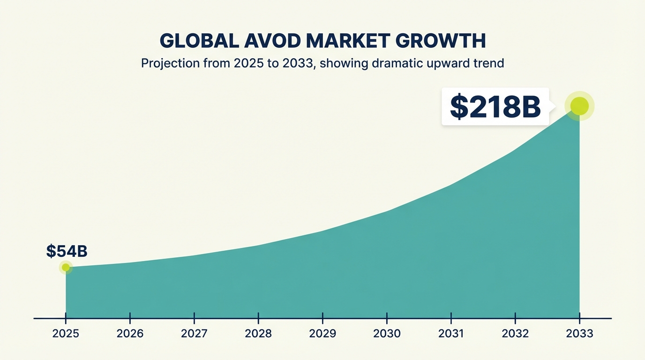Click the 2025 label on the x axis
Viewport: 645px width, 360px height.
tap(66, 334)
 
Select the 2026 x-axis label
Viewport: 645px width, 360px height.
tap(130, 334)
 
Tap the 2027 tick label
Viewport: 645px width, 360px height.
tap(194, 334)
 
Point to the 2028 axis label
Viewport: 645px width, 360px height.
tap(258, 334)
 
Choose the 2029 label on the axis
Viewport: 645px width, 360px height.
tap(322, 334)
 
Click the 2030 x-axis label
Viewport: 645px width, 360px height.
tap(387, 334)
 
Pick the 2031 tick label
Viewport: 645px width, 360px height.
tap(451, 334)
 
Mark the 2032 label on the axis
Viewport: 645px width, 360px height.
tap(515, 334)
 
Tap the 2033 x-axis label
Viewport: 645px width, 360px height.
tap(579, 334)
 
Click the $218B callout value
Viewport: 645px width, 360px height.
tap(495, 107)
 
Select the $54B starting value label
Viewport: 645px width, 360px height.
tap(67, 251)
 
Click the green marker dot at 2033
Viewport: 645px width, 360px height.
tap(579, 106)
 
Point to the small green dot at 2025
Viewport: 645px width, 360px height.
tap(66, 268)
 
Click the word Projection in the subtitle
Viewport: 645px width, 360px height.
tap(170, 63)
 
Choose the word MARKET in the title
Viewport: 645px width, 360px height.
tap(348, 41)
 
